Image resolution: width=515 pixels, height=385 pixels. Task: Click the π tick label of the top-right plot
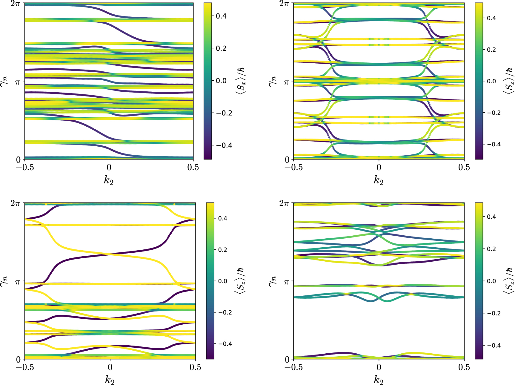click(286, 82)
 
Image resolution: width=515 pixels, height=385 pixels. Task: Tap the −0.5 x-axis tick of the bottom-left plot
click(25, 367)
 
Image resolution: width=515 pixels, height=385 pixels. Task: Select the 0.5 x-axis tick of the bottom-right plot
click(464, 367)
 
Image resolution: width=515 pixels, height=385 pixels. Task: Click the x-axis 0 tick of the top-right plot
click(379, 167)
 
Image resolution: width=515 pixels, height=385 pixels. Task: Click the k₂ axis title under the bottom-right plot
click(379, 380)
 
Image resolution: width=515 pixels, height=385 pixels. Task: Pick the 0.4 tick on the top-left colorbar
click(221, 16)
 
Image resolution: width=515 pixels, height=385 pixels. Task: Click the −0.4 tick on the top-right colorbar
click(491, 144)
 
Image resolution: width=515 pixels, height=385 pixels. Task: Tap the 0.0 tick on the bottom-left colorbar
click(222, 281)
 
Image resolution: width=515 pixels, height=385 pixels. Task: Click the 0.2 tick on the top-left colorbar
click(221, 48)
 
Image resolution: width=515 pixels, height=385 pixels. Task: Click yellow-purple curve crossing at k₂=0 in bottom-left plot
click(110, 254)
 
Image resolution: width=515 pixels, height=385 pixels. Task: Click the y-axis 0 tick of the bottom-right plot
click(287, 359)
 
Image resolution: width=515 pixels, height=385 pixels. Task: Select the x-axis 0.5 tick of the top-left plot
click(193, 167)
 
